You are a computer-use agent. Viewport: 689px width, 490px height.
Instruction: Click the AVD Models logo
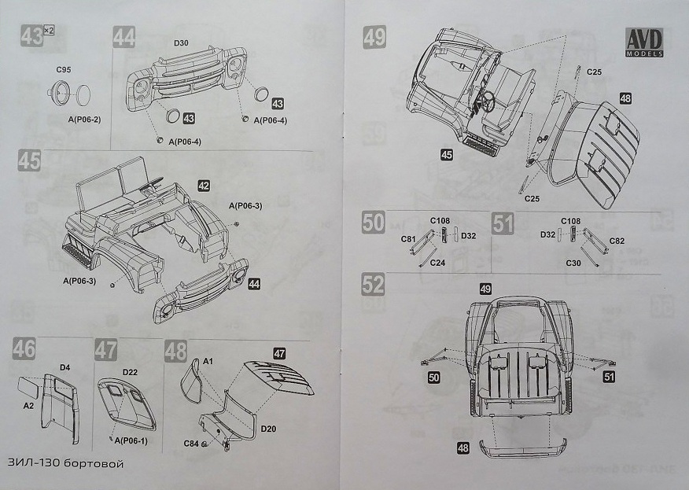pyautogui.click(x=644, y=42)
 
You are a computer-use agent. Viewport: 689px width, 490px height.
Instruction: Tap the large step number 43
pyautogui.click(x=32, y=35)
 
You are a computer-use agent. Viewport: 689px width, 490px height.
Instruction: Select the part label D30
pyautogui.click(x=181, y=42)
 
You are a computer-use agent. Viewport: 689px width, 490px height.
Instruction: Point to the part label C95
pyautogui.click(x=63, y=69)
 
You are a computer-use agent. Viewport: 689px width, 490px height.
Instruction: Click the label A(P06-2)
pyautogui.click(x=84, y=119)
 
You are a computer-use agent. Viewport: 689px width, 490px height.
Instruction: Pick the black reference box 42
pyautogui.click(x=204, y=186)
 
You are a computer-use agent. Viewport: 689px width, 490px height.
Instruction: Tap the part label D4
pyautogui.click(x=64, y=367)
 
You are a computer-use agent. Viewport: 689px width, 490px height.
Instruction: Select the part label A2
pyautogui.click(x=28, y=406)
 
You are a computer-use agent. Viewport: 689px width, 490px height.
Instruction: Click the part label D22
pyautogui.click(x=130, y=372)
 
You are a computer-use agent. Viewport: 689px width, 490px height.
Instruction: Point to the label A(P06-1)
pyautogui.click(x=131, y=440)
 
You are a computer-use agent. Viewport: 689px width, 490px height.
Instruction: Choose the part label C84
pyautogui.click(x=191, y=444)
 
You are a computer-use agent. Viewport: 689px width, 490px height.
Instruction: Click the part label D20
pyautogui.click(x=268, y=429)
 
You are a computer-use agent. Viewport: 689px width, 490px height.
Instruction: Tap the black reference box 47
pyautogui.click(x=279, y=353)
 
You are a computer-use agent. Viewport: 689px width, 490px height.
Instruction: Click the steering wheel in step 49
pyautogui.click(x=487, y=102)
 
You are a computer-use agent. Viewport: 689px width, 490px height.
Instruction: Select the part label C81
pyautogui.click(x=408, y=239)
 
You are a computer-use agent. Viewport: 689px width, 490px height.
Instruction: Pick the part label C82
pyautogui.click(x=617, y=241)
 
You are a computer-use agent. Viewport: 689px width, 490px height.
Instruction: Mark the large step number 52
pyautogui.click(x=373, y=284)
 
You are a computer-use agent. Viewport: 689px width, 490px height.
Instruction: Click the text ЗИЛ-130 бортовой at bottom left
pyautogui.click(x=65, y=463)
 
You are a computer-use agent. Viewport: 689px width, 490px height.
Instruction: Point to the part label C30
pyautogui.click(x=573, y=263)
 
